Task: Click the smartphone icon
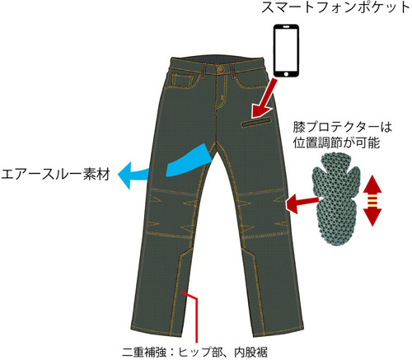[x=286, y=51]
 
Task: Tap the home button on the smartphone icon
[x=286, y=74]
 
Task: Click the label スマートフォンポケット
[x=335, y=7]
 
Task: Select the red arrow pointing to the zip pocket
[x=265, y=98]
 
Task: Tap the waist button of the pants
[x=220, y=69]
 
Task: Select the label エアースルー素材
[x=55, y=175]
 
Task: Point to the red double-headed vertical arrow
[x=372, y=200]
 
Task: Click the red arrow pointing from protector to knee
[x=302, y=203]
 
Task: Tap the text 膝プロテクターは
[x=342, y=127]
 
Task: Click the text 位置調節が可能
[x=336, y=143]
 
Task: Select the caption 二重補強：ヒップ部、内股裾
[x=194, y=353]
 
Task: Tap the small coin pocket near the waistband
[x=182, y=80]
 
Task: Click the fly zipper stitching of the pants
[x=220, y=93]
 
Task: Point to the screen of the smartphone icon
[x=286, y=49]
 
